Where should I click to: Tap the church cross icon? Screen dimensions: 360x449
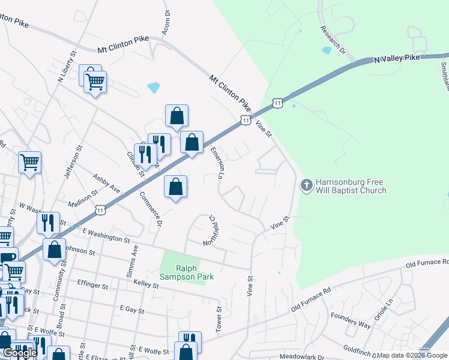pos(306,185)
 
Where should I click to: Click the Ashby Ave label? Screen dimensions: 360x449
pos(107,184)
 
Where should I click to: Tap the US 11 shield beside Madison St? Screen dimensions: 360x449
pos(100,210)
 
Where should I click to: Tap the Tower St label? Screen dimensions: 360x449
pos(219,319)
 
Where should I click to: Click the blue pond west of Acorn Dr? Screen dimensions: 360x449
pos(154,88)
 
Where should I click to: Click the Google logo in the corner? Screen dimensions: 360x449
pos(20,353)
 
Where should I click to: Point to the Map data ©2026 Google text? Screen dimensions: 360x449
pos(412,355)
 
